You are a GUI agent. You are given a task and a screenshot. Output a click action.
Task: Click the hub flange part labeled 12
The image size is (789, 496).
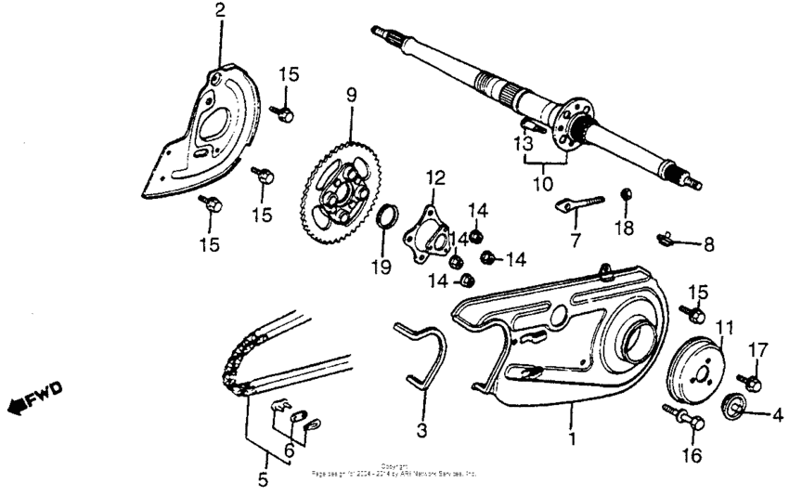432,225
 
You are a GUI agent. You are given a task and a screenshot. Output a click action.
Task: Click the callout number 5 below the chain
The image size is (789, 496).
263,480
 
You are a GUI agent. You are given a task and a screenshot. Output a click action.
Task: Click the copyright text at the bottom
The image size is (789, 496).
394,469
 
